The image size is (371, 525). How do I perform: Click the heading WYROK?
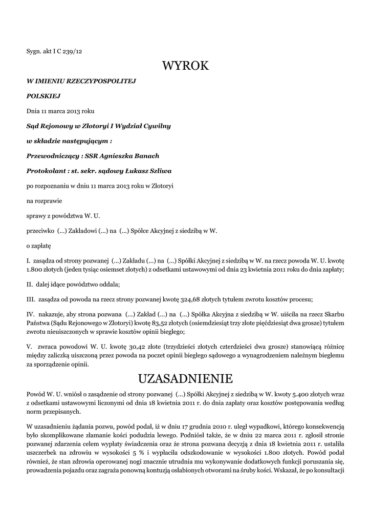(x=185, y=66)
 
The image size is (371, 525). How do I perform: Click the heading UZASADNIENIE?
(x=185, y=379)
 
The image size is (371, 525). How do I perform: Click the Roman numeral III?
(x=30, y=299)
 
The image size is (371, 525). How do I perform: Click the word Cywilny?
(x=157, y=126)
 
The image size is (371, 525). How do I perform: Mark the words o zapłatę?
(x=39, y=246)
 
